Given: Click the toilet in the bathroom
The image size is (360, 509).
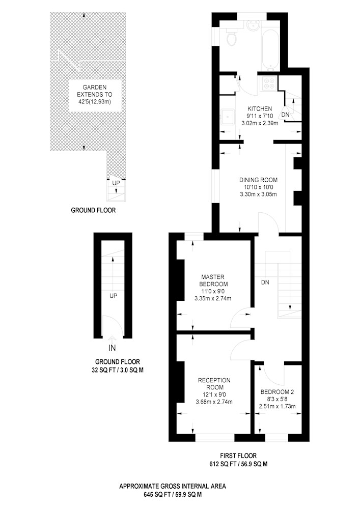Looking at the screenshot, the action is [x=232, y=37].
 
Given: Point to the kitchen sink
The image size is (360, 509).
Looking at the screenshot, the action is [x=228, y=116].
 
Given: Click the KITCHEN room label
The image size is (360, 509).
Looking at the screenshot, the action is [x=260, y=109].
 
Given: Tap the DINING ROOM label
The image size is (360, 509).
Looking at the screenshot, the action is [x=258, y=180].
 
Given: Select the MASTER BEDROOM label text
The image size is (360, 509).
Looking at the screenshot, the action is [x=213, y=280].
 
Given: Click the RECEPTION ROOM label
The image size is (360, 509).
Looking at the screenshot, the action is [x=214, y=384].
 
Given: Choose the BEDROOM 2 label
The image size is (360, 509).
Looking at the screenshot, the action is [x=277, y=392].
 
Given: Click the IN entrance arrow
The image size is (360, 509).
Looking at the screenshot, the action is [x=113, y=339].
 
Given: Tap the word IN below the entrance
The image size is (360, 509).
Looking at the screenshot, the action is [x=113, y=348].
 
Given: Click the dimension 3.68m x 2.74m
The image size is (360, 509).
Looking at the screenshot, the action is [x=214, y=402].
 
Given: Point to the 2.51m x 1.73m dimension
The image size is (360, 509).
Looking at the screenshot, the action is [x=277, y=406].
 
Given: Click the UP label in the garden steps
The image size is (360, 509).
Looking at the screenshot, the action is [x=116, y=183].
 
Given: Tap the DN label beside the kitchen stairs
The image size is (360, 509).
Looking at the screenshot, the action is [x=285, y=115].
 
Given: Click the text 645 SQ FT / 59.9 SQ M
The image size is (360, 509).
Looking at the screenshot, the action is [x=173, y=495].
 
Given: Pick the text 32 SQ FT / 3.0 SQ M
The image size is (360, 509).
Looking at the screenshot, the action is [x=118, y=370].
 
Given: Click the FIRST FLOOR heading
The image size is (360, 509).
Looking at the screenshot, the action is [x=238, y=456].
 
